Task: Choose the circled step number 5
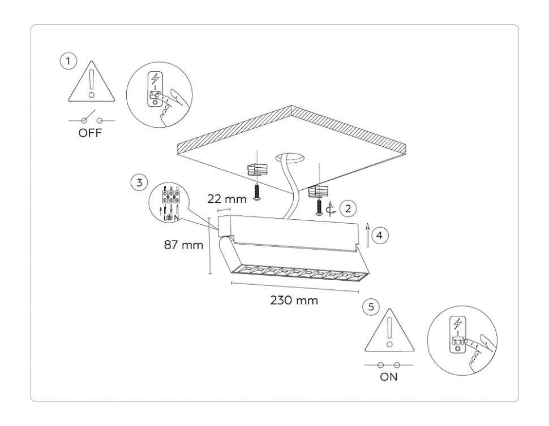[x=371, y=307]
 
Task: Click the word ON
[x=389, y=377]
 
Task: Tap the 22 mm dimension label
[x=228, y=199]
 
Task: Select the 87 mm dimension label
[x=183, y=246]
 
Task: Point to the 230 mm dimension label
[x=294, y=300]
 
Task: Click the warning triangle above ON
[x=389, y=332]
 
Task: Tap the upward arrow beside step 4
[x=367, y=235]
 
